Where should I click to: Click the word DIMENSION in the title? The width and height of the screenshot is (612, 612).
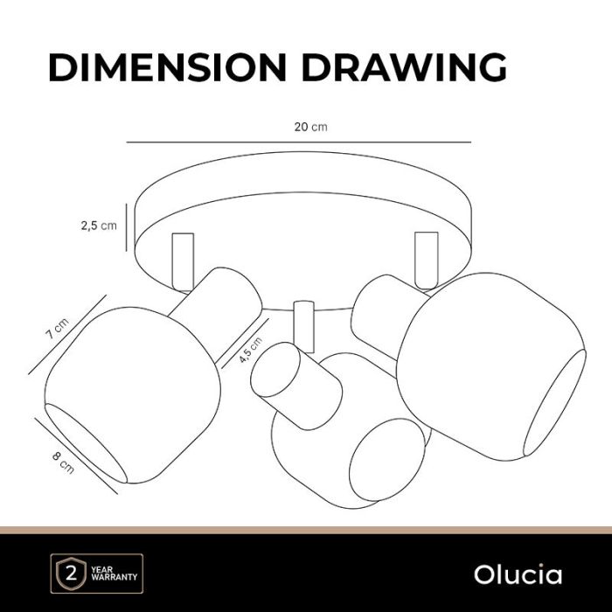[168, 67]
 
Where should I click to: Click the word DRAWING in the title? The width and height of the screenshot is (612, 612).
[404, 67]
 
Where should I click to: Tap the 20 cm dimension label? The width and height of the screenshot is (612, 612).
[310, 127]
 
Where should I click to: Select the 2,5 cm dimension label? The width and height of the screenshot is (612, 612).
[99, 226]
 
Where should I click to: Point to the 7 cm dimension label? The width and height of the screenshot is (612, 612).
[58, 328]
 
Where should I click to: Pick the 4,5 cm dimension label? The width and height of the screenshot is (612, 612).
[251, 350]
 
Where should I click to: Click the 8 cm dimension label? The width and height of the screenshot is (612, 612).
[63, 462]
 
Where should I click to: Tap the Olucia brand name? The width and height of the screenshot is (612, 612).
[518, 575]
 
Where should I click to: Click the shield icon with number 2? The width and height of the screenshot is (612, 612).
[71, 574]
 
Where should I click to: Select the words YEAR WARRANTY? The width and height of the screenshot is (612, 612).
[114, 574]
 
